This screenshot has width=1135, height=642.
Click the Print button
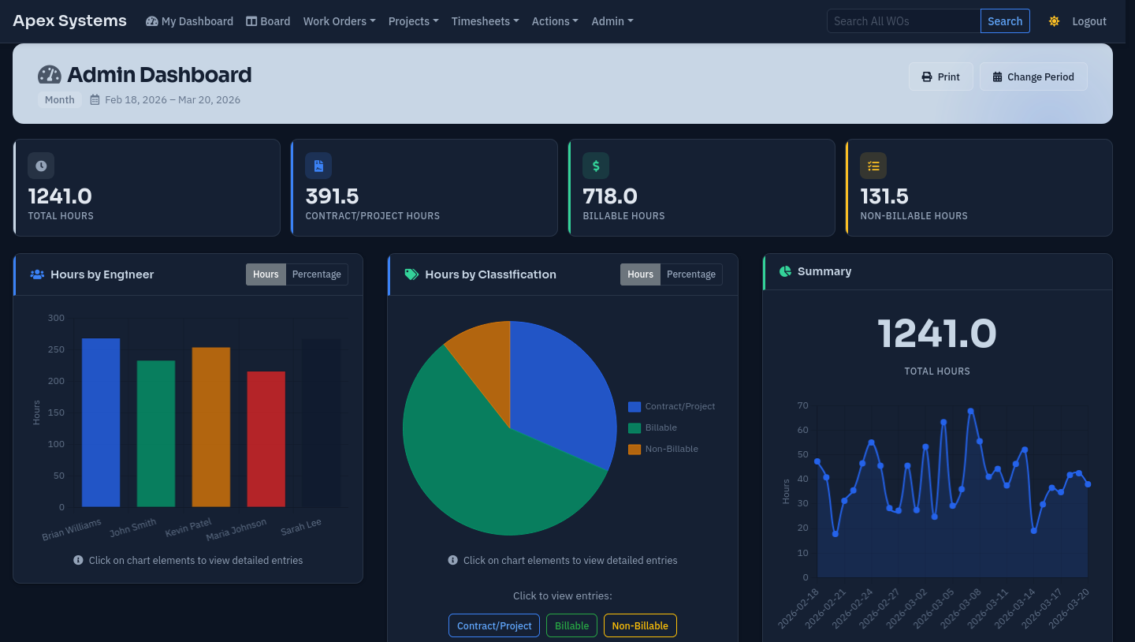(940, 77)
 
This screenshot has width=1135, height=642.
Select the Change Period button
(1033, 77)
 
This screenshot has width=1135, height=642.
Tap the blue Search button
(1005, 21)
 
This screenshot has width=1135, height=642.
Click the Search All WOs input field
(903, 21)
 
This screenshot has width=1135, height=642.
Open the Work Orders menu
(339, 21)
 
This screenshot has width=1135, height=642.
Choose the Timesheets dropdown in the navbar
(485, 21)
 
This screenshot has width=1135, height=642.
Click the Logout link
(1089, 21)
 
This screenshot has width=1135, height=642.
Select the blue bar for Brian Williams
(101, 422)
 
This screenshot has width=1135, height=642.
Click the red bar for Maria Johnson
(266, 439)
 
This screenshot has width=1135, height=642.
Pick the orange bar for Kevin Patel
(210, 427)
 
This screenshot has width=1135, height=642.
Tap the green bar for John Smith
(156, 433)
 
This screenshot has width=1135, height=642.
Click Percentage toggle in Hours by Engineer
(316, 274)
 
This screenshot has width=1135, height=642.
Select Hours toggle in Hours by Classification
(640, 274)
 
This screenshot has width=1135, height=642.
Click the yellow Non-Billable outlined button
(639, 625)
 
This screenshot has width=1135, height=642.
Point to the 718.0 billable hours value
(610, 196)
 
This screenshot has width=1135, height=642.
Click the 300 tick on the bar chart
(56, 318)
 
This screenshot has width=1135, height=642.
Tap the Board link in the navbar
(268, 21)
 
